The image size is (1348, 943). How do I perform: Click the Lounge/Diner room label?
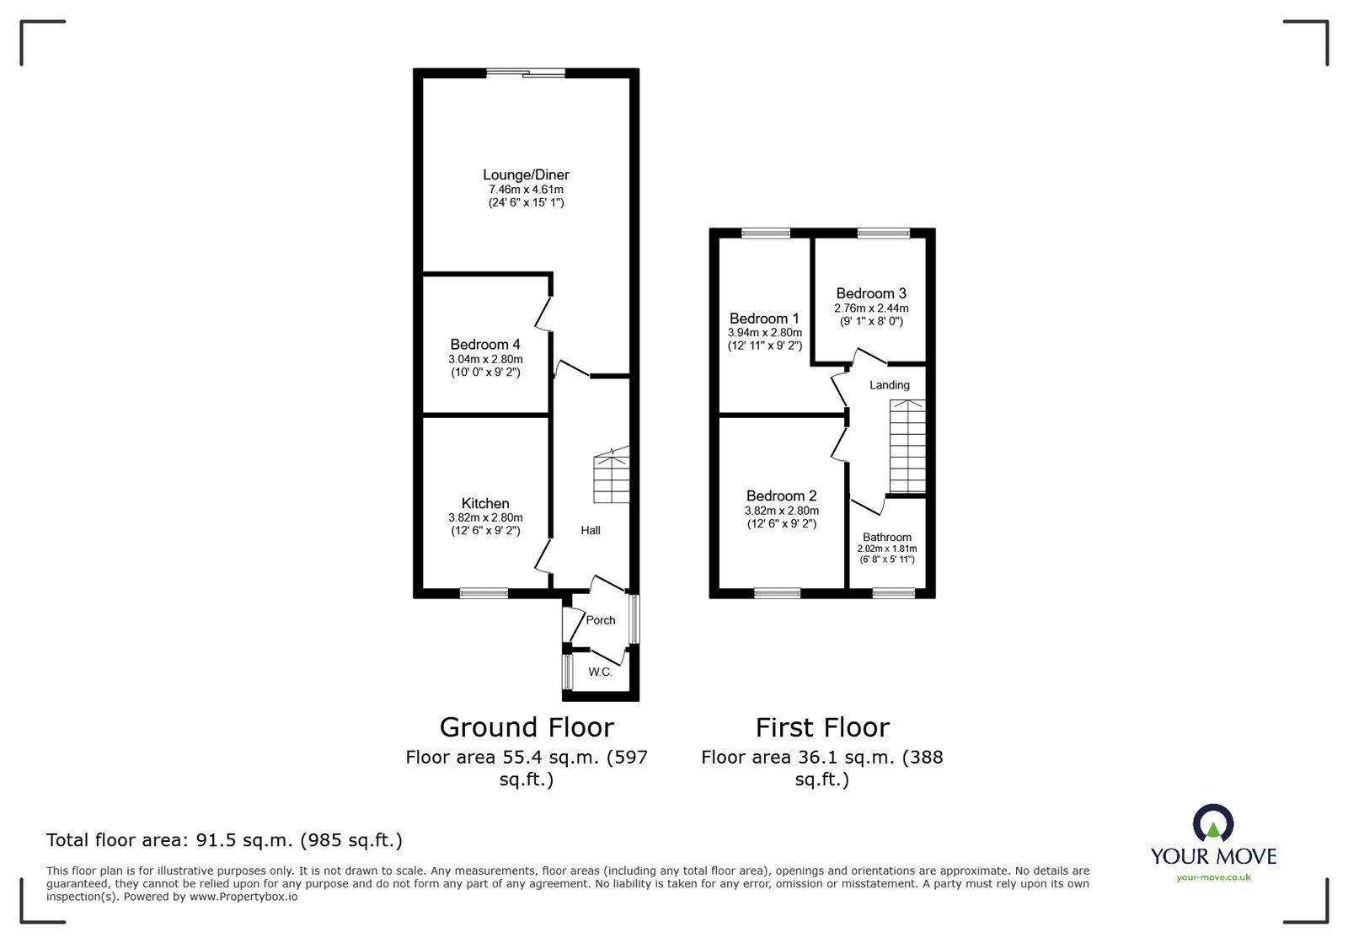click(x=526, y=174)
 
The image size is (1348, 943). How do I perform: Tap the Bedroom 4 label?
click(x=484, y=344)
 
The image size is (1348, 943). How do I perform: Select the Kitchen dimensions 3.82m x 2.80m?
click(x=485, y=517)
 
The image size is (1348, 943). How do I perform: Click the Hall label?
click(x=590, y=530)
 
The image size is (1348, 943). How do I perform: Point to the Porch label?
click(x=600, y=619)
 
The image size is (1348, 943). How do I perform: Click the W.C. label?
click(x=600, y=672)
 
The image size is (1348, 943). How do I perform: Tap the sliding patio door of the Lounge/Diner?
click(x=526, y=73)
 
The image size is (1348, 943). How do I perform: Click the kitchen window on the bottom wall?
click(x=484, y=593)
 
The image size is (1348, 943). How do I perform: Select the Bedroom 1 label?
click(x=764, y=318)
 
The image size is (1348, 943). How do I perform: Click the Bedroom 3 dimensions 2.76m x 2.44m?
click(x=871, y=308)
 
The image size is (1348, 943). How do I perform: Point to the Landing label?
click(x=889, y=385)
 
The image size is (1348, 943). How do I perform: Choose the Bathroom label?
click(x=886, y=537)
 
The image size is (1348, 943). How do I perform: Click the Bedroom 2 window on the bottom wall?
click(x=777, y=593)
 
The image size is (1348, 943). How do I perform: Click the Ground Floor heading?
click(x=527, y=726)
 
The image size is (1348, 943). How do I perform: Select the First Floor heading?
click(x=821, y=726)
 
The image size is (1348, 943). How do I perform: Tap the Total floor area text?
click(x=224, y=840)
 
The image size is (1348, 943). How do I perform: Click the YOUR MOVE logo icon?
click(x=1213, y=824)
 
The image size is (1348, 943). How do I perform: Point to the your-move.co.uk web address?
click(x=1213, y=877)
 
